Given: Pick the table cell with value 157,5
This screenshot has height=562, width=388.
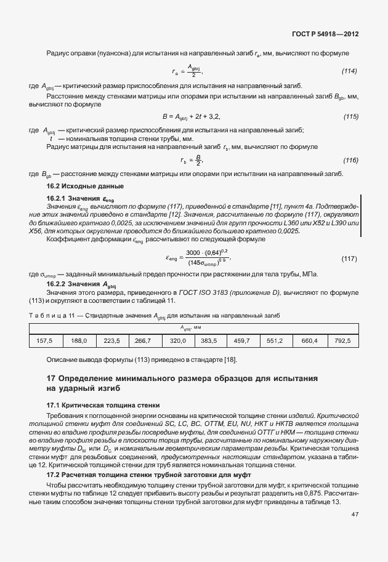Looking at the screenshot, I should [45, 340].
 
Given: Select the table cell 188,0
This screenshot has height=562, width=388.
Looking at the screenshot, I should [79, 340].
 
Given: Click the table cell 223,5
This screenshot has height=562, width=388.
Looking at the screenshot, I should [111, 340].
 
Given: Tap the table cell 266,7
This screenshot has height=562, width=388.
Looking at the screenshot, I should [143, 340].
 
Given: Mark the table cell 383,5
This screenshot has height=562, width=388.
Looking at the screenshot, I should [210, 340].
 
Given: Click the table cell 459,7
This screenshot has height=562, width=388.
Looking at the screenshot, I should [243, 340].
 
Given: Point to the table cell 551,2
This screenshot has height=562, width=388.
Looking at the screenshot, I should [275, 340].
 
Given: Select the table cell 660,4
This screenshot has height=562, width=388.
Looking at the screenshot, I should [309, 340].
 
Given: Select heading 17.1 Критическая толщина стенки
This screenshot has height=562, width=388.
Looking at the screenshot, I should [103, 406].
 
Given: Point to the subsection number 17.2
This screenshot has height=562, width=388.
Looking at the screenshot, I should [54, 477].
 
